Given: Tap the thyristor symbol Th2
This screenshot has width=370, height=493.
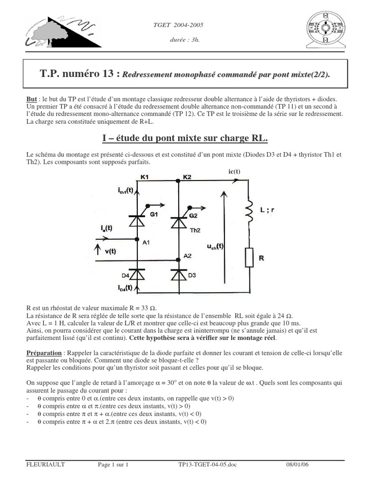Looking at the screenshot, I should click(x=179, y=222).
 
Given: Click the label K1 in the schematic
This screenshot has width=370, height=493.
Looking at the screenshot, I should click(x=145, y=177).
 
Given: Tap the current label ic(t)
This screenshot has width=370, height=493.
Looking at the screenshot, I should click(x=234, y=172).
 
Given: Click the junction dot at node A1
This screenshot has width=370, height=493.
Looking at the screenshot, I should click(x=137, y=238).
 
